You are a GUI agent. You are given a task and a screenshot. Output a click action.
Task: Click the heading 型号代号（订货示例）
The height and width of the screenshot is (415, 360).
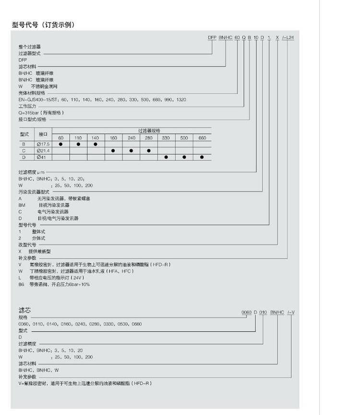coord(43,24)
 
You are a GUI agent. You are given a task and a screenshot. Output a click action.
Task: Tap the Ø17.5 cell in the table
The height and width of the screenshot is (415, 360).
coord(43,144)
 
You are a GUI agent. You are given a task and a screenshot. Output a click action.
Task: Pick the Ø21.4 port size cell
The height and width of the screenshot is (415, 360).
coord(43,151)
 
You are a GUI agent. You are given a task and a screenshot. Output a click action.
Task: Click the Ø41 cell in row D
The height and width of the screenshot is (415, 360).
coord(41,157)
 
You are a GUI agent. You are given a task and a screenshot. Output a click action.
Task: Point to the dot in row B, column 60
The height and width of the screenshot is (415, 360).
coord(60,144)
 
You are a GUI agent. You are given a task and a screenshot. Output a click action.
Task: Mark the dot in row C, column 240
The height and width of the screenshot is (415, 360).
coord(131,151)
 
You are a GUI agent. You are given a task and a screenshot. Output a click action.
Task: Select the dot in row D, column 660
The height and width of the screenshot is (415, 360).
coord(202,157)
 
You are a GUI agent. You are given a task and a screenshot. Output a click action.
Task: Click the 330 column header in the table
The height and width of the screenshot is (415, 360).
coord(166,138)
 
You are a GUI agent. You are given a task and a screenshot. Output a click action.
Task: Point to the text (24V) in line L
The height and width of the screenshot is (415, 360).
coord(77,278)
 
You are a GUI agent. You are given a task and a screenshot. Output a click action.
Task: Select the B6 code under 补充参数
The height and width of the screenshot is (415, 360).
coord(21,284)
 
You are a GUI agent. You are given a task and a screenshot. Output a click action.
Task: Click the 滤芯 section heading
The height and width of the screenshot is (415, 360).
coord(24,311)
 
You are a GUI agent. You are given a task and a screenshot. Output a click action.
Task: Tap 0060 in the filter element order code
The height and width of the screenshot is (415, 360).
coord(246,312)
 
